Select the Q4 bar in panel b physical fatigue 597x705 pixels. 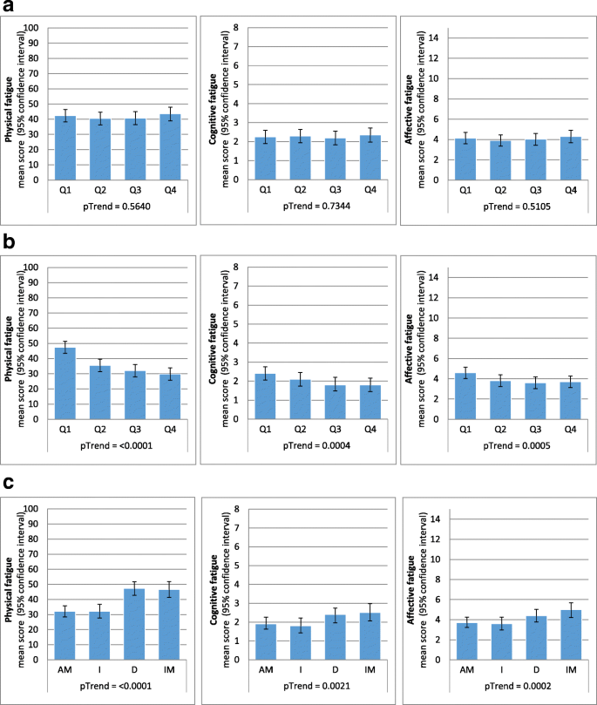(x=170, y=397)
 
